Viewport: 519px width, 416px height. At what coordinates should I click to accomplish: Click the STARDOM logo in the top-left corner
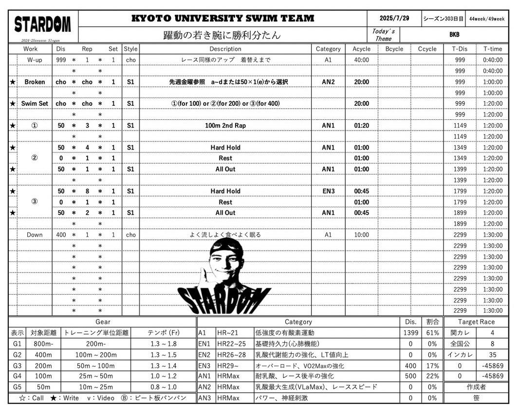[x=43, y=24]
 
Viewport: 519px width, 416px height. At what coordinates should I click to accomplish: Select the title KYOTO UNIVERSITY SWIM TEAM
[x=222, y=19]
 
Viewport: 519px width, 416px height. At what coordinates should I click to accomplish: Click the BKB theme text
[x=454, y=35]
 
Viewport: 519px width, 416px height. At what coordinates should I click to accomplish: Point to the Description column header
[x=225, y=49]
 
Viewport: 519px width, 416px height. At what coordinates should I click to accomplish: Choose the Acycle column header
[x=361, y=49]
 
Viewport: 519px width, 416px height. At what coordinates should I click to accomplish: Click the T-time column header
[x=492, y=49]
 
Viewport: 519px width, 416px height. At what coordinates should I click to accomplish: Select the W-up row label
[x=35, y=60]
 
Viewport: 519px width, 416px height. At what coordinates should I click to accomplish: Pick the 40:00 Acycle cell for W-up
[x=361, y=60]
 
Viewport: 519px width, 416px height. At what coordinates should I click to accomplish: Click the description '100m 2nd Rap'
[x=225, y=126]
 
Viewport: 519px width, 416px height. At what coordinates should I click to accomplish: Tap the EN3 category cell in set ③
[x=328, y=191]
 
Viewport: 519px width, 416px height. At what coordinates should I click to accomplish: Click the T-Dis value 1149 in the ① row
[x=460, y=126]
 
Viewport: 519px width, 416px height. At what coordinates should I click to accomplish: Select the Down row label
[x=35, y=235]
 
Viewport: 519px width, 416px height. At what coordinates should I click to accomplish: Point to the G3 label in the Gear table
[x=18, y=366]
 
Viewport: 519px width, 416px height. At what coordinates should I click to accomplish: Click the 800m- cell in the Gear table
[x=43, y=344]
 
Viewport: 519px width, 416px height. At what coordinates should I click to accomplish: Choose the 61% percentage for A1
[x=432, y=333]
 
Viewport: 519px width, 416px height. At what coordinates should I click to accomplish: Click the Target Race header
[x=476, y=322]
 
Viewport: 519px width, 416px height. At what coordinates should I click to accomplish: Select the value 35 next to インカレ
[x=492, y=355]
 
